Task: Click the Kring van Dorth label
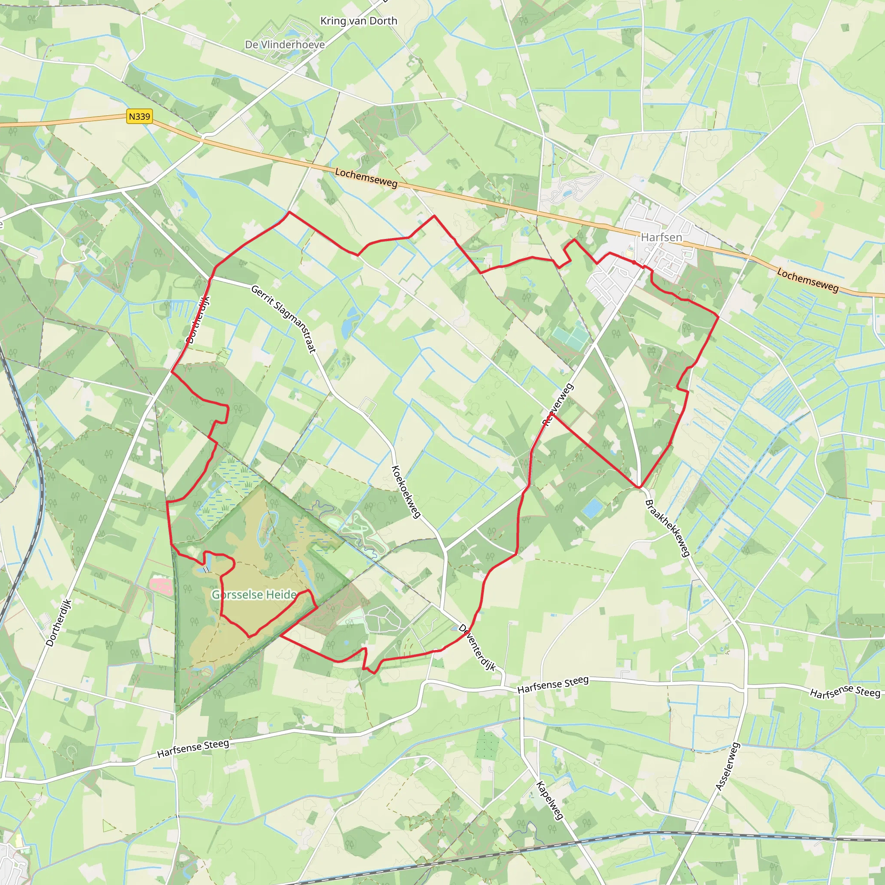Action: point(359,21)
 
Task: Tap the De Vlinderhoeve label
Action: point(285,45)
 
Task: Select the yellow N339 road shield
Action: point(139,116)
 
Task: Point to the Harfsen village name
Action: point(661,237)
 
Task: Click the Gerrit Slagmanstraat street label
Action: point(283,319)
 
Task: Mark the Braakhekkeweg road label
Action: point(667,528)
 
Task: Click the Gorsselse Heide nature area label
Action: point(254,595)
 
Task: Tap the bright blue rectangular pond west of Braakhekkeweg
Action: point(592,508)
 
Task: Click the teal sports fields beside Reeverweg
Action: point(570,337)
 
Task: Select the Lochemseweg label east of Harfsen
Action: point(808,280)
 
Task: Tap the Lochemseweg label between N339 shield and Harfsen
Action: point(366,178)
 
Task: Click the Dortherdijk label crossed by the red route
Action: point(198,319)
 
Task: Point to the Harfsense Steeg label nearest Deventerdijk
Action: point(552,685)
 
